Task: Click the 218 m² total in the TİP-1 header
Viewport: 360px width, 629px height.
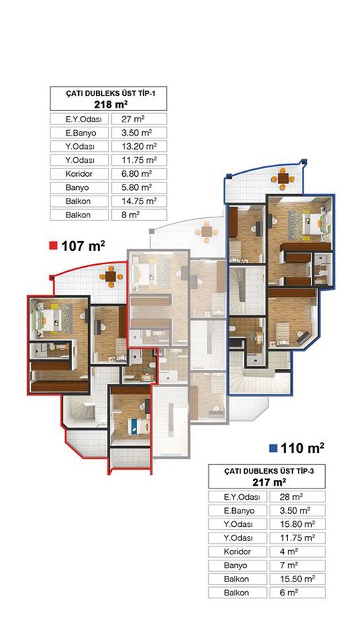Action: click(x=110, y=104)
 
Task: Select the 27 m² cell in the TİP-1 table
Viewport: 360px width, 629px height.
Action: click(x=139, y=119)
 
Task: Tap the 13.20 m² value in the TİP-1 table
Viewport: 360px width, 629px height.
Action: click(x=139, y=146)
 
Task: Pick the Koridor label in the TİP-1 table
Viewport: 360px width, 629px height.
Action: click(x=79, y=174)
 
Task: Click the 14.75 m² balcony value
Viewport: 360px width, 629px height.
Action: click(x=139, y=201)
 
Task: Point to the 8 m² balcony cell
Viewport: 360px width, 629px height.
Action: click(x=139, y=215)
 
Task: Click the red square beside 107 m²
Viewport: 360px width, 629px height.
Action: click(x=53, y=245)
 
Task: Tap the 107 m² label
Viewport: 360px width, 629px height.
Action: click(x=83, y=245)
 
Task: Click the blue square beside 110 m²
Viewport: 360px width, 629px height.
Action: click(x=273, y=448)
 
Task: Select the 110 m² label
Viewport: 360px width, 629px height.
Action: click(x=303, y=448)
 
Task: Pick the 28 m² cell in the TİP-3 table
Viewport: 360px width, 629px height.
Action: click(x=297, y=497)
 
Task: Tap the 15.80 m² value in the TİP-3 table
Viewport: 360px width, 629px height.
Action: click(x=297, y=524)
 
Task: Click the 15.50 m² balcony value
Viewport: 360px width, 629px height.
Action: click(x=297, y=579)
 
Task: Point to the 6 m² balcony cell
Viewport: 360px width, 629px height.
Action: click(x=297, y=593)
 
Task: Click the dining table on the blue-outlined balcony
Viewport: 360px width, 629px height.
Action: click(x=283, y=179)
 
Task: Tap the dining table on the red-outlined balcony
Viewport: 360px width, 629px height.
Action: click(x=110, y=276)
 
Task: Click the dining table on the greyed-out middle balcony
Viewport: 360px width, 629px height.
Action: click(x=207, y=233)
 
